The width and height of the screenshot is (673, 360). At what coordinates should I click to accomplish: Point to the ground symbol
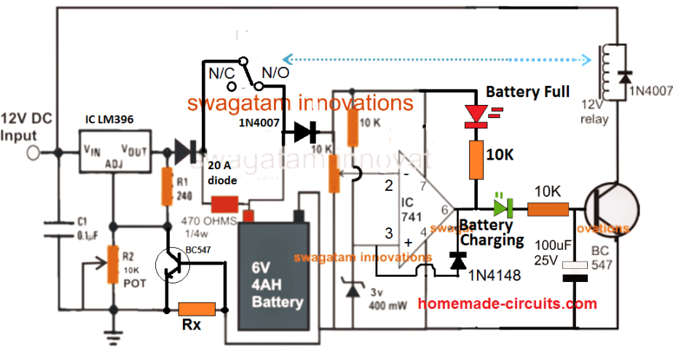[x=114, y=337]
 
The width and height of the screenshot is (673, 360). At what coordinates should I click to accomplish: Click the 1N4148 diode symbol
[x=458, y=261]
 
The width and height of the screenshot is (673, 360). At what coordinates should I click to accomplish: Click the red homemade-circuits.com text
[x=508, y=304]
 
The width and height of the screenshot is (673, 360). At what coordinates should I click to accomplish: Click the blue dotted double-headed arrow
[x=437, y=58]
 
